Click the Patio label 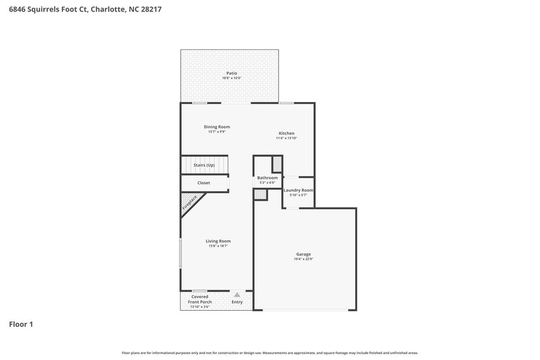[x=231, y=73]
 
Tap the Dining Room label [x=217, y=127]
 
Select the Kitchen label [x=287, y=133]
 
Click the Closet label [x=203, y=183]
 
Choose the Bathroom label [x=267, y=178]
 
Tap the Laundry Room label [x=298, y=190]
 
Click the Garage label [x=304, y=254]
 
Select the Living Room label [x=219, y=241]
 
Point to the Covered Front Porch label [x=200, y=299]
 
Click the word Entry [x=238, y=302]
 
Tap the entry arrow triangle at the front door [x=237, y=294]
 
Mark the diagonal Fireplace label [x=190, y=202]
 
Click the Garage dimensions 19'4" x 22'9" [x=304, y=259]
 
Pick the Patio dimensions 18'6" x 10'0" [x=232, y=78]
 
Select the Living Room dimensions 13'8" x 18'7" [x=219, y=246]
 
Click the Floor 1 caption [x=21, y=324]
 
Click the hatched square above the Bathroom [x=277, y=164]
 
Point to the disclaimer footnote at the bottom [x=270, y=353]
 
